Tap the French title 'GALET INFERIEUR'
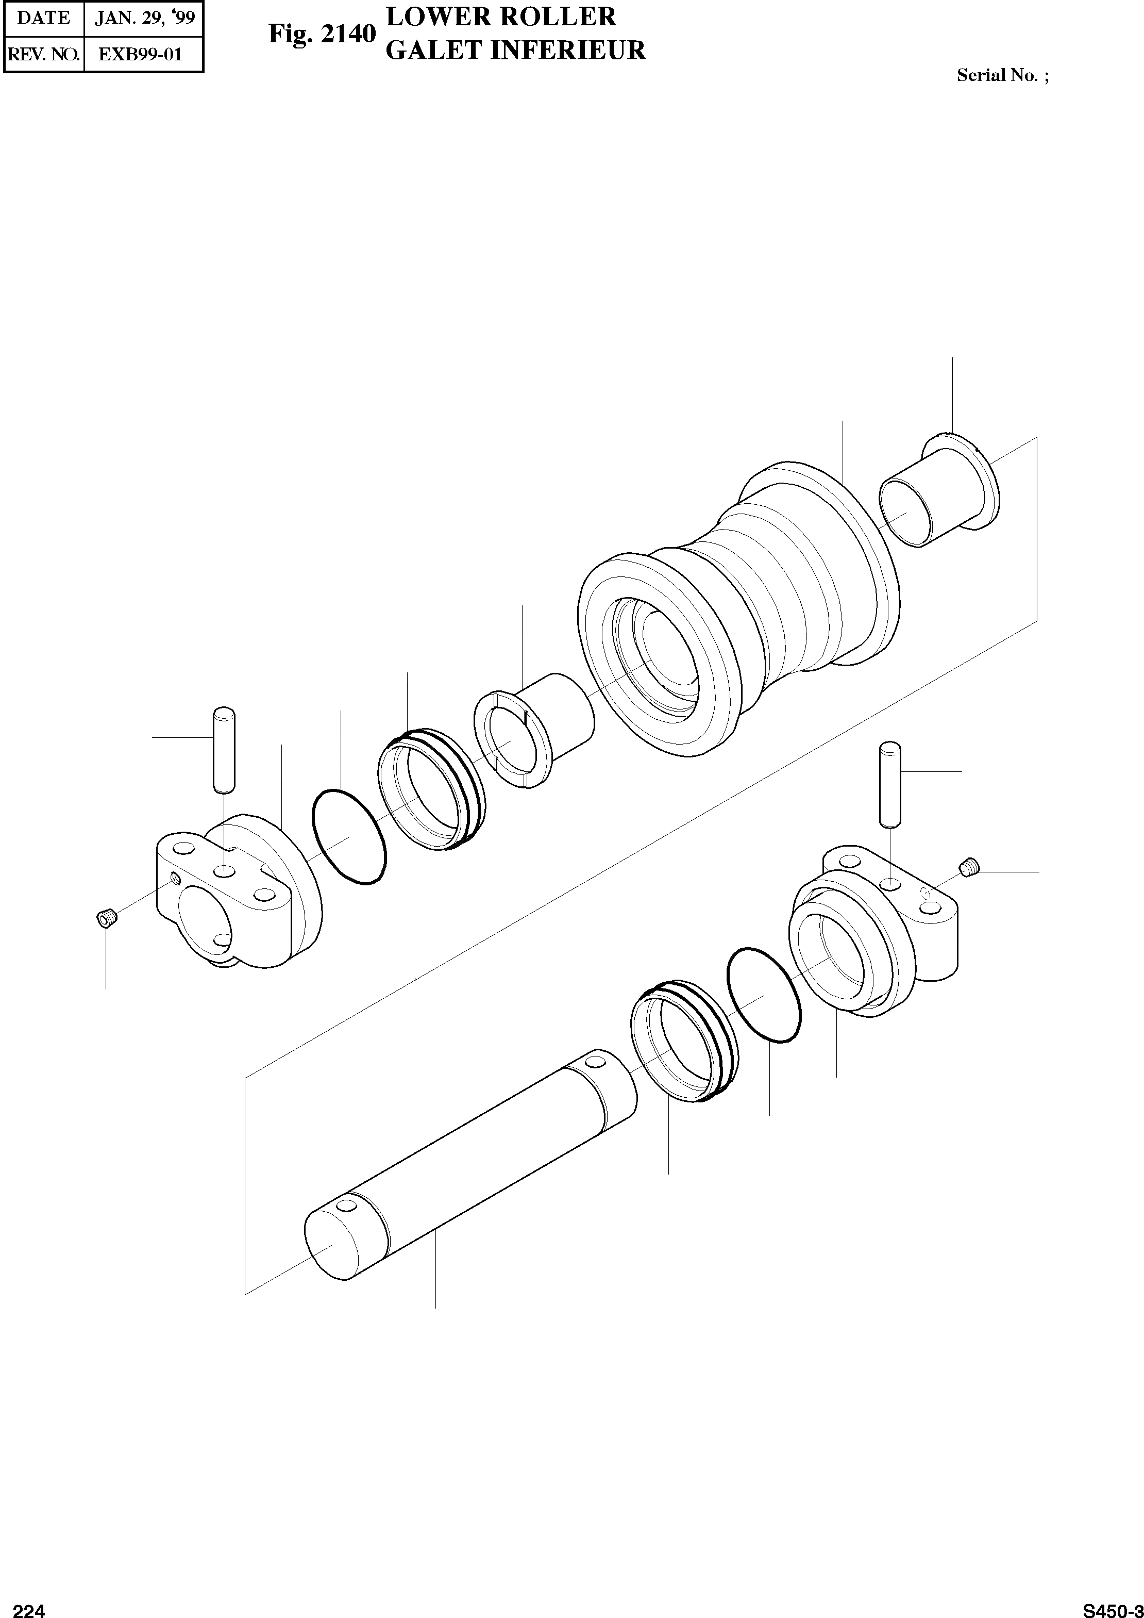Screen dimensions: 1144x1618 [516, 51]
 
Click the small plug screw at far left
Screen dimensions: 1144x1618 [106, 919]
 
